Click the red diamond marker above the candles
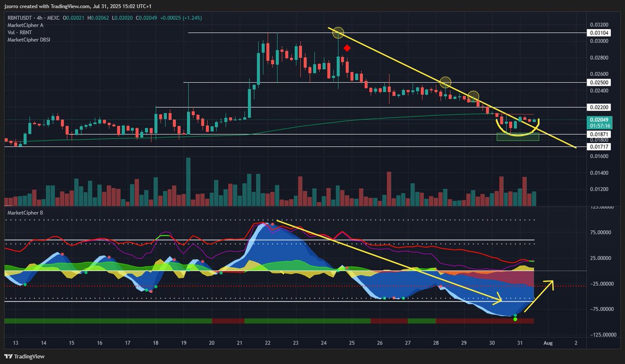tap(347, 48)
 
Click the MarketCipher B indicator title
tap(26, 213)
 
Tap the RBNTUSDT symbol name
tap(22, 18)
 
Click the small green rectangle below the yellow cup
tap(517, 137)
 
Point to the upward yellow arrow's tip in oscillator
tap(552, 281)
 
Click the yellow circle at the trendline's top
tap(338, 33)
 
